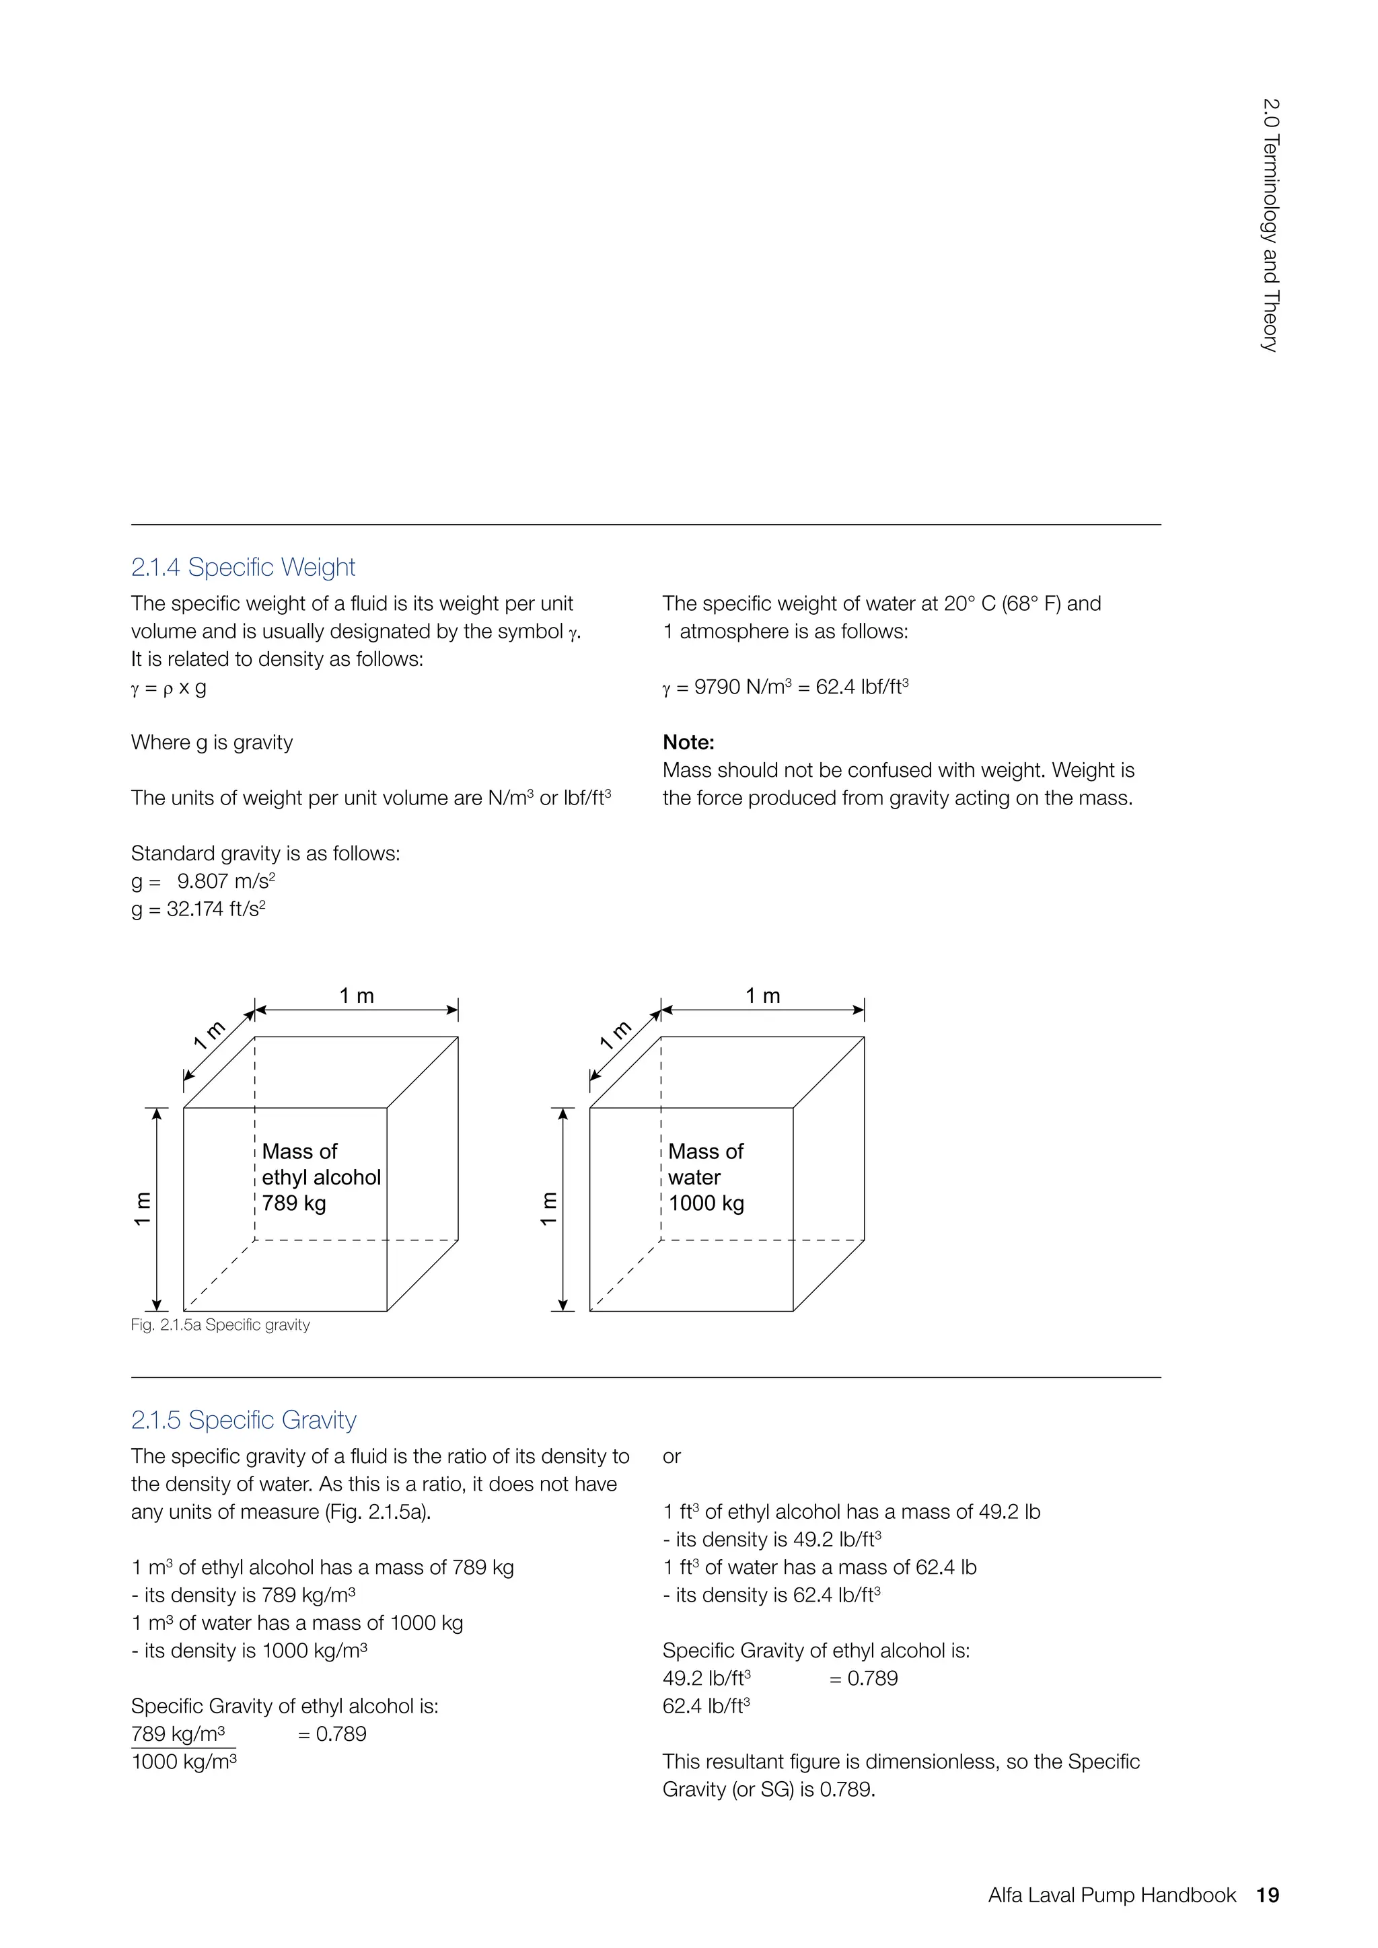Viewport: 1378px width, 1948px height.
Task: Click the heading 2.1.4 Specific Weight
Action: click(x=243, y=567)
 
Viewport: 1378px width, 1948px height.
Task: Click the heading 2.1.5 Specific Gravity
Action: click(x=244, y=1419)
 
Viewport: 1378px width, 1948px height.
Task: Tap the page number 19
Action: click(x=1267, y=1895)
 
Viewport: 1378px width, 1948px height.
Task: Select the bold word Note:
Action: click(x=688, y=743)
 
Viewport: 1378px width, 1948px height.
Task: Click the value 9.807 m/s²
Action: click(x=225, y=882)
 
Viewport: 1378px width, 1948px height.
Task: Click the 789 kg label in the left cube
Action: click(x=293, y=1203)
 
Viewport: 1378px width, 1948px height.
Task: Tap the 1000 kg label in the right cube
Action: click(x=706, y=1203)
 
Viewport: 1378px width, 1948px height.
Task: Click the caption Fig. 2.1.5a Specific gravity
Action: click(x=220, y=1324)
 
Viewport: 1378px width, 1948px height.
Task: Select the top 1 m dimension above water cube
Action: click(x=762, y=996)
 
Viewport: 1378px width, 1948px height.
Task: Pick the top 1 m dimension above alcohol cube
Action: click(x=357, y=996)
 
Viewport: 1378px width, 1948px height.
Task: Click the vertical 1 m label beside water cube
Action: click(x=548, y=1208)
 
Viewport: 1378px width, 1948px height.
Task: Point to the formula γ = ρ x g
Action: click(x=169, y=687)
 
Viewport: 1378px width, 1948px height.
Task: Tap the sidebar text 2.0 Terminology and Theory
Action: click(x=1270, y=225)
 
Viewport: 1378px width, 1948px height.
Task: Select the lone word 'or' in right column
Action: click(x=672, y=1457)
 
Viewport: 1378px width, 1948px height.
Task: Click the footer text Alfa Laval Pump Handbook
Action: click(x=1112, y=1895)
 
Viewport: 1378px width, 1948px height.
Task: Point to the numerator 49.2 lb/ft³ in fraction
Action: click(x=706, y=1678)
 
